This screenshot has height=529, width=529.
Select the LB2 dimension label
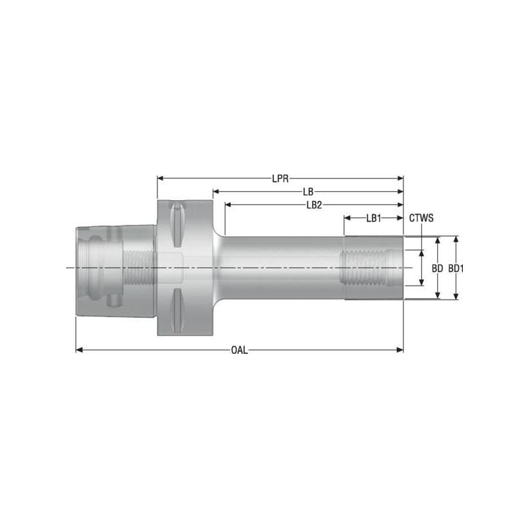(314, 205)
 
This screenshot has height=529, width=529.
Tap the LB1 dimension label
(374, 218)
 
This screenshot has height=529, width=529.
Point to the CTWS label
(421, 218)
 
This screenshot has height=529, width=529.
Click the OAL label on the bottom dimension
(239, 350)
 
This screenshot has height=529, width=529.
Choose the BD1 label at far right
(456, 268)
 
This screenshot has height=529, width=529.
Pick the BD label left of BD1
(437, 268)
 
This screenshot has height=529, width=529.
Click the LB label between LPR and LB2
(308, 192)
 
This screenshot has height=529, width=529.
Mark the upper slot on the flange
(177, 225)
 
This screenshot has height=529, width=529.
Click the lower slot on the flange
(177, 309)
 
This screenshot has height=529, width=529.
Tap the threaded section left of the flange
(140, 267)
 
